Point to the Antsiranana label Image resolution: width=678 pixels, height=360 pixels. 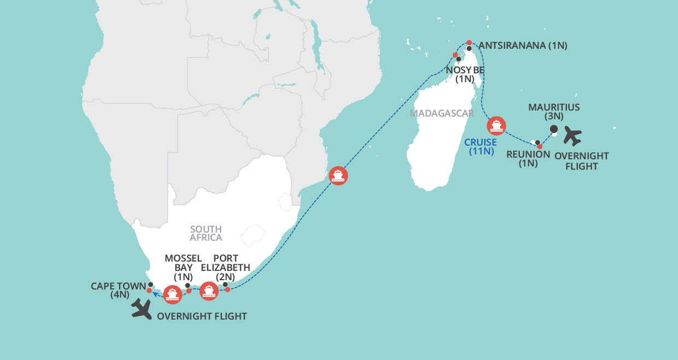tap(523, 46)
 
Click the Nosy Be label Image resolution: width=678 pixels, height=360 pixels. tap(466, 74)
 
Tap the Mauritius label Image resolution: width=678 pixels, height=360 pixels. tap(553, 112)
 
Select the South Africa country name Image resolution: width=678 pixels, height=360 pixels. tap(206, 234)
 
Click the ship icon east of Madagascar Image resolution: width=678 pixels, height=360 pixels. tap(496, 125)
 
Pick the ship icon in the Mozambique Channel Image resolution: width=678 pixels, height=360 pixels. tap(338, 176)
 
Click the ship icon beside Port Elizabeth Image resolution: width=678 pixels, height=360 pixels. tap(208, 291)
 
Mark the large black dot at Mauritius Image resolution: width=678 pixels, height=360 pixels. tap(553, 129)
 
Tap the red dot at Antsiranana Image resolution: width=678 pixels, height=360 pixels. tap(469, 42)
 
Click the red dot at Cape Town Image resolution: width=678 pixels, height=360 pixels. tap(149, 291)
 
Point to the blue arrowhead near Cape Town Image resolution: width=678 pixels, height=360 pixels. tap(155, 295)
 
